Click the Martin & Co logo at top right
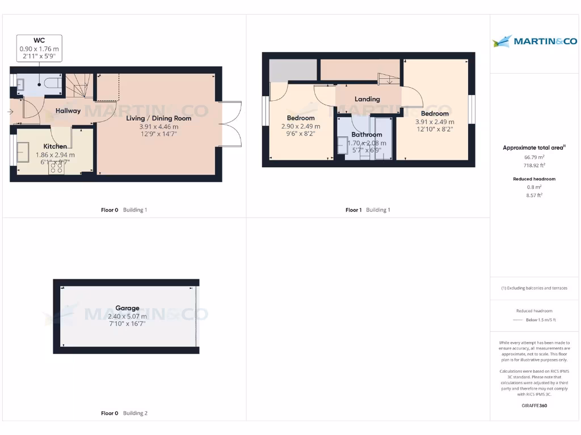pyautogui.click(x=534, y=41)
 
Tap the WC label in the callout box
pyautogui.click(x=39, y=40)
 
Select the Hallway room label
pyautogui.click(x=68, y=111)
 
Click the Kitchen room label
pyautogui.click(x=55, y=146)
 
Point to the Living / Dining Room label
pyautogui.click(x=158, y=118)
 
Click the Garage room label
pyautogui.click(x=127, y=308)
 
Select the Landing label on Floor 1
pyautogui.click(x=367, y=99)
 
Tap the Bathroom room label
pyautogui.click(x=367, y=135)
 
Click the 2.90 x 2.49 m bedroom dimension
pyautogui.click(x=301, y=126)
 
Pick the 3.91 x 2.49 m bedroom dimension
pyautogui.click(x=435, y=122)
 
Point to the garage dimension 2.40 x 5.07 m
pyautogui.click(x=127, y=316)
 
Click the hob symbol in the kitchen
pyautogui.click(x=56, y=168)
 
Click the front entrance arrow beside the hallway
pyautogui.click(x=10, y=112)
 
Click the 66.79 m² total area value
pyautogui.click(x=534, y=157)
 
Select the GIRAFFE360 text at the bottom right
pyautogui.click(x=534, y=406)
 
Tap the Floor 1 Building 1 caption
pyautogui.click(x=368, y=210)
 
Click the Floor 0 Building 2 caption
pyautogui.click(x=124, y=413)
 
